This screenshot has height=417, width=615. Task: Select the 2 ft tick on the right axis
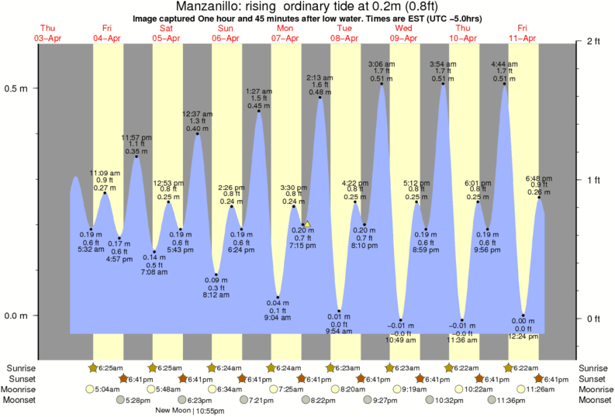593,41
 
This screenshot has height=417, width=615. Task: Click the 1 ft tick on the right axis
593,181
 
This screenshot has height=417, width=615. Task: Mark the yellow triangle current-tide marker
307,224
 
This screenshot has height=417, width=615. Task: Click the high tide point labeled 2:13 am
320,98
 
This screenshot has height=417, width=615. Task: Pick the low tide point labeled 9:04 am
278,297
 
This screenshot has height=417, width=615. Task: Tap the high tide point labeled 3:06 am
382,84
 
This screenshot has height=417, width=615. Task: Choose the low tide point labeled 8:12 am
216,274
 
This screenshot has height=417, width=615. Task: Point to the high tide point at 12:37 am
198,134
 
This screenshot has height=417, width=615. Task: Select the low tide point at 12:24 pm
523,315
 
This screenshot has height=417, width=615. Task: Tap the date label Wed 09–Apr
404,33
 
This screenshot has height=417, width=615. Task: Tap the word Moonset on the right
595,400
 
